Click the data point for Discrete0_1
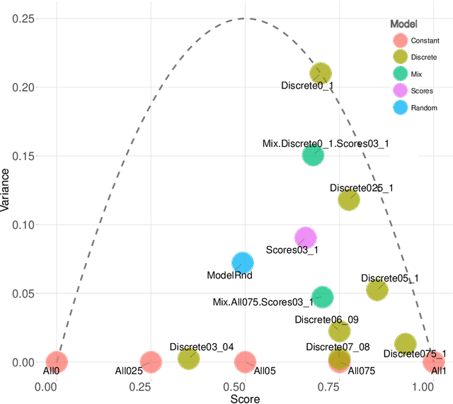pos(321,73)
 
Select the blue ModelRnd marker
pos(243,263)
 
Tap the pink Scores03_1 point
pos(305,237)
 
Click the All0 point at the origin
pos(57,362)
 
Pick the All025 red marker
pos(150,362)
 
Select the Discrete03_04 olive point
pos(188,359)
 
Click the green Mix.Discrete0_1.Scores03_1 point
pos(313,155)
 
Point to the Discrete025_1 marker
pos(348,200)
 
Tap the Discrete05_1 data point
pos(377,289)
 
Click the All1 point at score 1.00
pos(434,362)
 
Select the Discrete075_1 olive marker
pos(405,344)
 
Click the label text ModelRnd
pos(229,275)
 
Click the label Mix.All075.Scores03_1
pos(263,302)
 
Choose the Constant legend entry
pos(401,41)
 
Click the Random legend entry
pos(401,108)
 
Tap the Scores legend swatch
pos(401,91)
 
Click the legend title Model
pos(404,24)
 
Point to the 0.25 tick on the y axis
pos(24,18)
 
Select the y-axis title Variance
pos(6,190)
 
